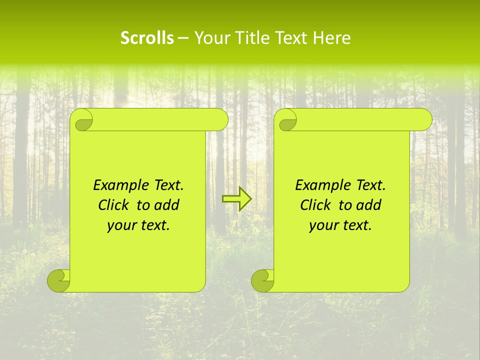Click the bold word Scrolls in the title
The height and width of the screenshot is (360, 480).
(147, 38)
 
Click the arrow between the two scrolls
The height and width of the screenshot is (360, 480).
(236, 199)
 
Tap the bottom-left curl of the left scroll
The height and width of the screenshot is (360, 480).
(59, 280)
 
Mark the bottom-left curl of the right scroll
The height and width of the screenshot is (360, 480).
(263, 280)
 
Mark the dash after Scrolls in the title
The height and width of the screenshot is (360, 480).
(183, 38)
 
